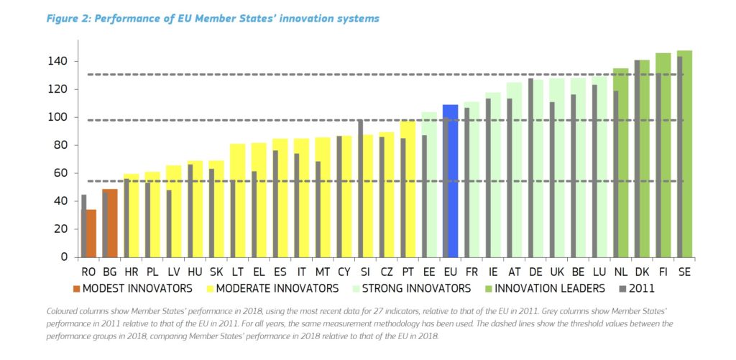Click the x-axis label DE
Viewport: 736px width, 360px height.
[x=535, y=272]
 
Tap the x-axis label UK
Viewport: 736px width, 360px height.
[x=556, y=272]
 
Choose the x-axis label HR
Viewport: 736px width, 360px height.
[x=130, y=272]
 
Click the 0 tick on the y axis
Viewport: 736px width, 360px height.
[x=63, y=257]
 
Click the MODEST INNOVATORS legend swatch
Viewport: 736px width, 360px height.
[x=76, y=289]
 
